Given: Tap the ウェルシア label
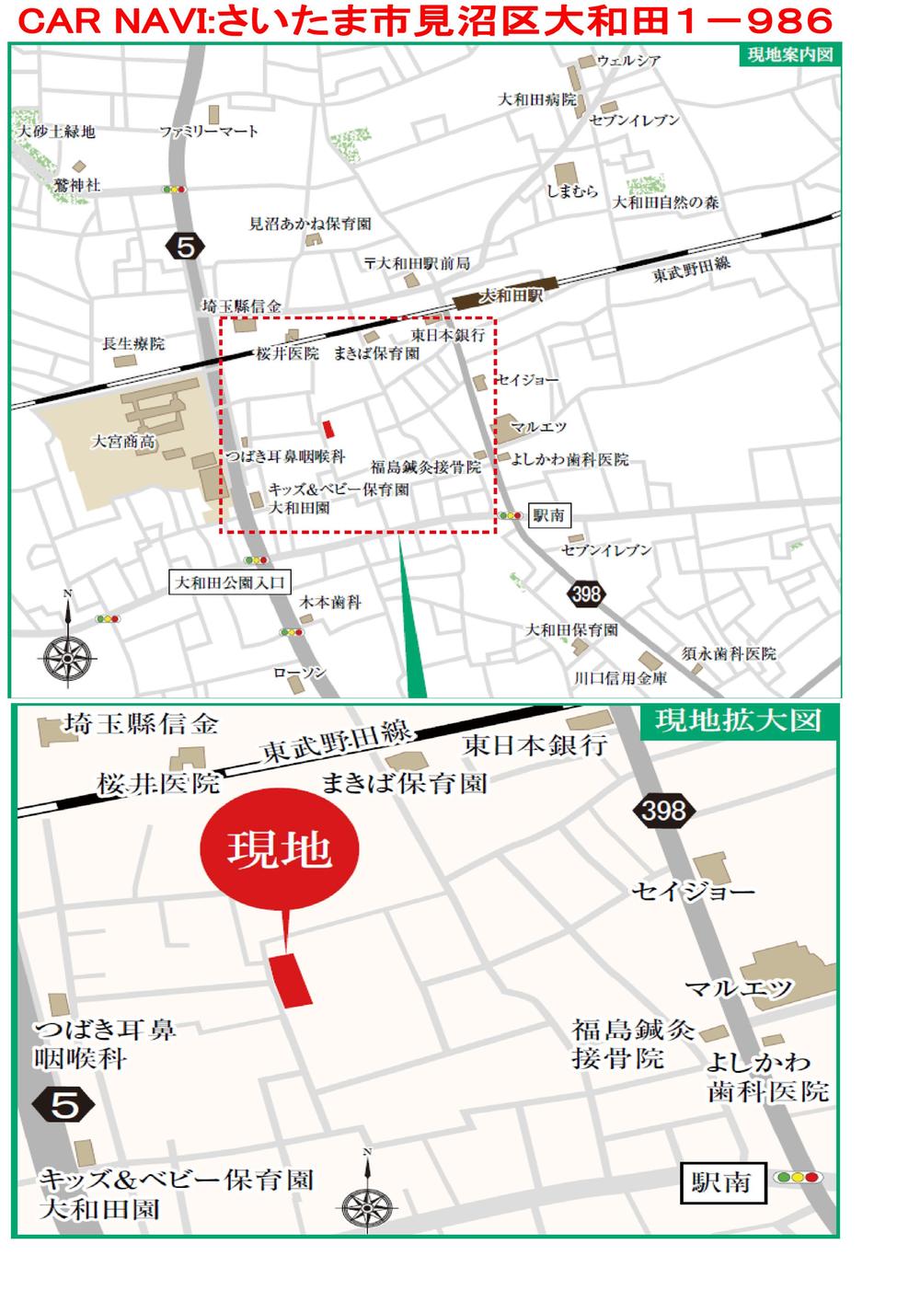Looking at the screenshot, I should tap(628, 62).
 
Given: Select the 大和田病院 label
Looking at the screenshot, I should tap(537, 99).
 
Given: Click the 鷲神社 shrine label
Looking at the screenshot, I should tap(77, 185).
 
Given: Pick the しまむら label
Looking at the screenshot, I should tap(571, 191).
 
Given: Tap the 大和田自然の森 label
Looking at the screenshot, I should tap(666, 202).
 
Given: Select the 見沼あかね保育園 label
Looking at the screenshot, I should tap(310, 224).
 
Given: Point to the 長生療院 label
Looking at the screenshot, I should tap(133, 344).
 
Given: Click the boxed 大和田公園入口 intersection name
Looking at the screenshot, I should tap(232, 582).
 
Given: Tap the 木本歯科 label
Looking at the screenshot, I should tap(330, 603).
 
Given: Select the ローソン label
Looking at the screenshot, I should tap(299, 674).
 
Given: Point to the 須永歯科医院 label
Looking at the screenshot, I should tap(729, 653).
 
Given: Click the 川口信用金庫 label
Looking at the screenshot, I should tap(620, 678).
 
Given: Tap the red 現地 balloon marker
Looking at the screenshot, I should tap(279, 850).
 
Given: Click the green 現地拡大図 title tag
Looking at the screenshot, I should tap(738, 720).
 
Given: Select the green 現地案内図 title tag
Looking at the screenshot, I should tap(789, 54).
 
